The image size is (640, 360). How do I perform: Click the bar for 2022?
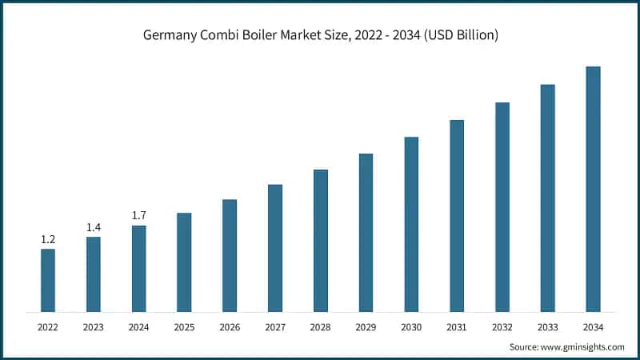[48, 280]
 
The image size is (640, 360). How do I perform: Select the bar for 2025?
[184, 262]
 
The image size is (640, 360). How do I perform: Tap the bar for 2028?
[320, 240]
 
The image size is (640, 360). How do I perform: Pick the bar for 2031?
[457, 215]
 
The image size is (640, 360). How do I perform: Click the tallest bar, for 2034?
[593, 189]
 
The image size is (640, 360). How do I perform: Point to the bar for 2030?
[411, 224]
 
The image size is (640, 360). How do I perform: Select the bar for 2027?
[275, 248]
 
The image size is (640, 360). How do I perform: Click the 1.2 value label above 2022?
[48, 239]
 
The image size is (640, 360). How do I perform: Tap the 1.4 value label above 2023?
[94, 228]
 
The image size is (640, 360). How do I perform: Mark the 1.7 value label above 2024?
[139, 216]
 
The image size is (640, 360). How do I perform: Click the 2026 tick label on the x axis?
[230, 327]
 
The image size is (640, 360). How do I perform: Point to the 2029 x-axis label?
[366, 327]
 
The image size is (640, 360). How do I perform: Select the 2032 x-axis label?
[502, 327]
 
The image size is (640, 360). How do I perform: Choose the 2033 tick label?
[547, 327]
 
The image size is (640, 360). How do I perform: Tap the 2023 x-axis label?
[94, 327]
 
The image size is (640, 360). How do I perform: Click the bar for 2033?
[547, 198]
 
